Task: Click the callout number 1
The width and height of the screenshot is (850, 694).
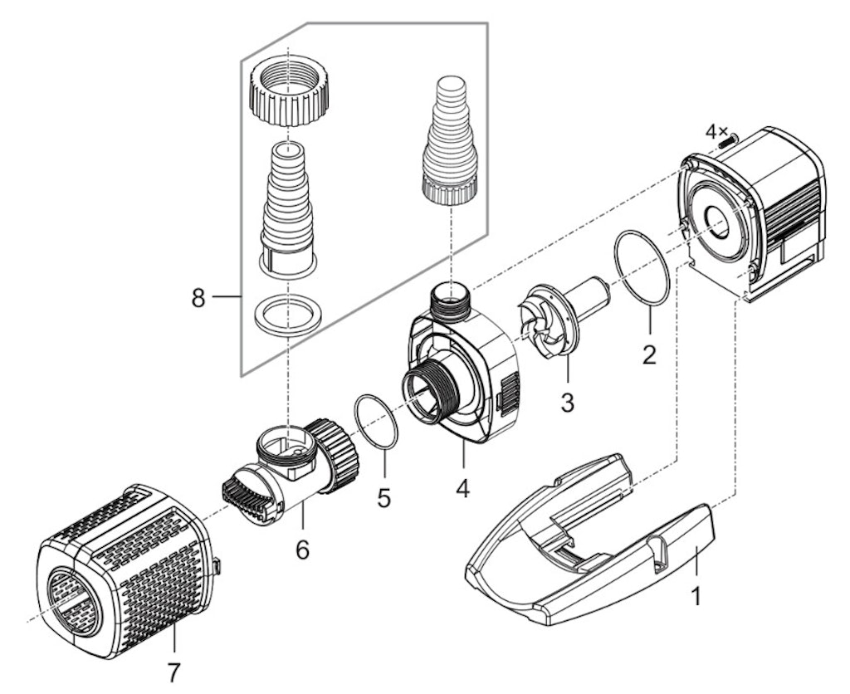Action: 696,596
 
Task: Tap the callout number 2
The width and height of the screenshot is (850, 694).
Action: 649,355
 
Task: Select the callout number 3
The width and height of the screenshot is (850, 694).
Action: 567,403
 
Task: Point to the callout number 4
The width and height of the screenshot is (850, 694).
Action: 462,489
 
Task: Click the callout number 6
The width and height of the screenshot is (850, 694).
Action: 302,549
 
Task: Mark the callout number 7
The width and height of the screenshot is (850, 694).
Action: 173,670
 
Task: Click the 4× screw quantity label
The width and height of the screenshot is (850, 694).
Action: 716,131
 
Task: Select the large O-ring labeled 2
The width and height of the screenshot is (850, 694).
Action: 642,268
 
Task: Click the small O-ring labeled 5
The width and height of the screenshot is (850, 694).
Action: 375,423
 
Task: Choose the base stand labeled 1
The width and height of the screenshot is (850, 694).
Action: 589,540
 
